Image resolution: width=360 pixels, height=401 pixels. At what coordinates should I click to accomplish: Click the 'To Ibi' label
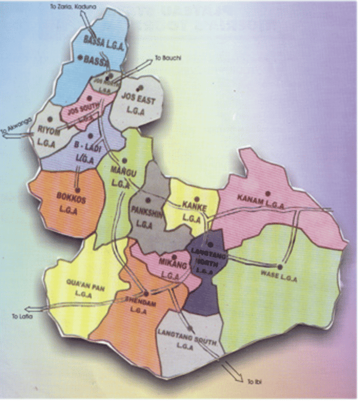click(x=254, y=381)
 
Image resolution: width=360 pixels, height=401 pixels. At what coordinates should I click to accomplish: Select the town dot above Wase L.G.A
click(x=280, y=266)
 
